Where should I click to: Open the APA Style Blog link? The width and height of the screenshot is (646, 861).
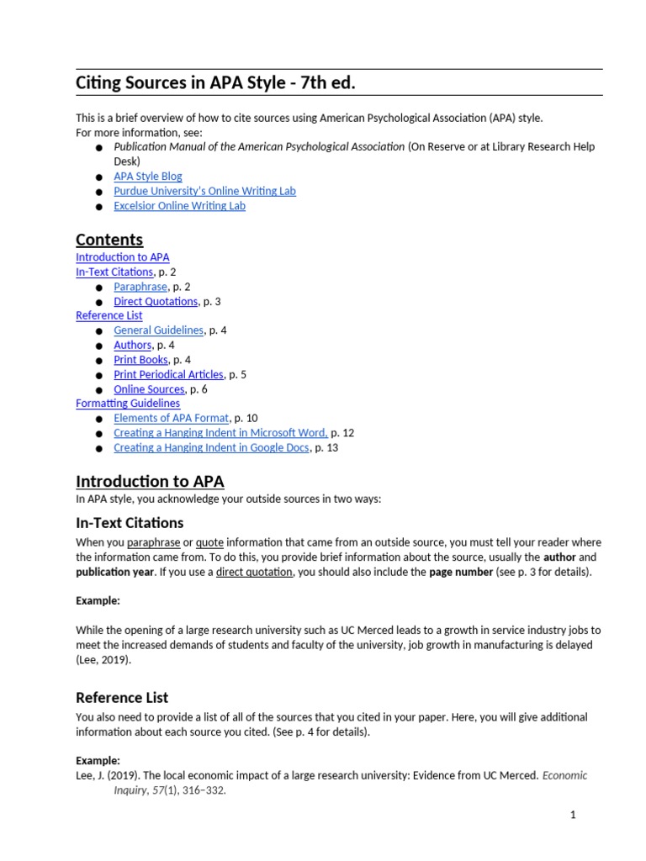tap(148, 177)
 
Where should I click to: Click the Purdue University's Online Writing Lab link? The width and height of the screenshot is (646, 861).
tap(204, 191)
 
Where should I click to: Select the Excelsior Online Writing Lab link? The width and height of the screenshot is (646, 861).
tap(179, 206)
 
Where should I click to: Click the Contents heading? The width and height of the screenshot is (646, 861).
tap(109, 240)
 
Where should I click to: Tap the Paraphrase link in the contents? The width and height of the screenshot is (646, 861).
tap(140, 287)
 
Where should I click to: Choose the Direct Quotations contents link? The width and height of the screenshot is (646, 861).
tap(156, 301)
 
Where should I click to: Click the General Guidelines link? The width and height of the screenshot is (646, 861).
tap(158, 330)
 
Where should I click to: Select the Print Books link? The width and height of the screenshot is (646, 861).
tap(140, 360)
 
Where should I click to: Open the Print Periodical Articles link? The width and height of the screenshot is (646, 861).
tap(168, 374)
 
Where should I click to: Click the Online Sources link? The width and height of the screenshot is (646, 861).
tap(149, 389)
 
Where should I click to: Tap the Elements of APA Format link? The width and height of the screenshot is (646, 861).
tap(171, 418)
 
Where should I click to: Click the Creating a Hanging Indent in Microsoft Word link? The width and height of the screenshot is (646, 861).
tap(220, 433)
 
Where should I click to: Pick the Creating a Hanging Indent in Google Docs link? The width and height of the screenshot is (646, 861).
tap(212, 448)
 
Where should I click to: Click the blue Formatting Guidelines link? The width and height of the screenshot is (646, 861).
tap(128, 404)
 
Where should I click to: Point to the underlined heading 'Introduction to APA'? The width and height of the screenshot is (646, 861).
tap(150, 482)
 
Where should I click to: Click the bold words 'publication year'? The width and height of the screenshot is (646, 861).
tap(114, 572)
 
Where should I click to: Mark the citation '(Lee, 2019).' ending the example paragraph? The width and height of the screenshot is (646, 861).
tap(103, 660)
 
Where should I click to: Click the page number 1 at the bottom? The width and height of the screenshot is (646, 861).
tap(573, 815)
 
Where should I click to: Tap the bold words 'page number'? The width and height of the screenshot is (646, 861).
tap(461, 572)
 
